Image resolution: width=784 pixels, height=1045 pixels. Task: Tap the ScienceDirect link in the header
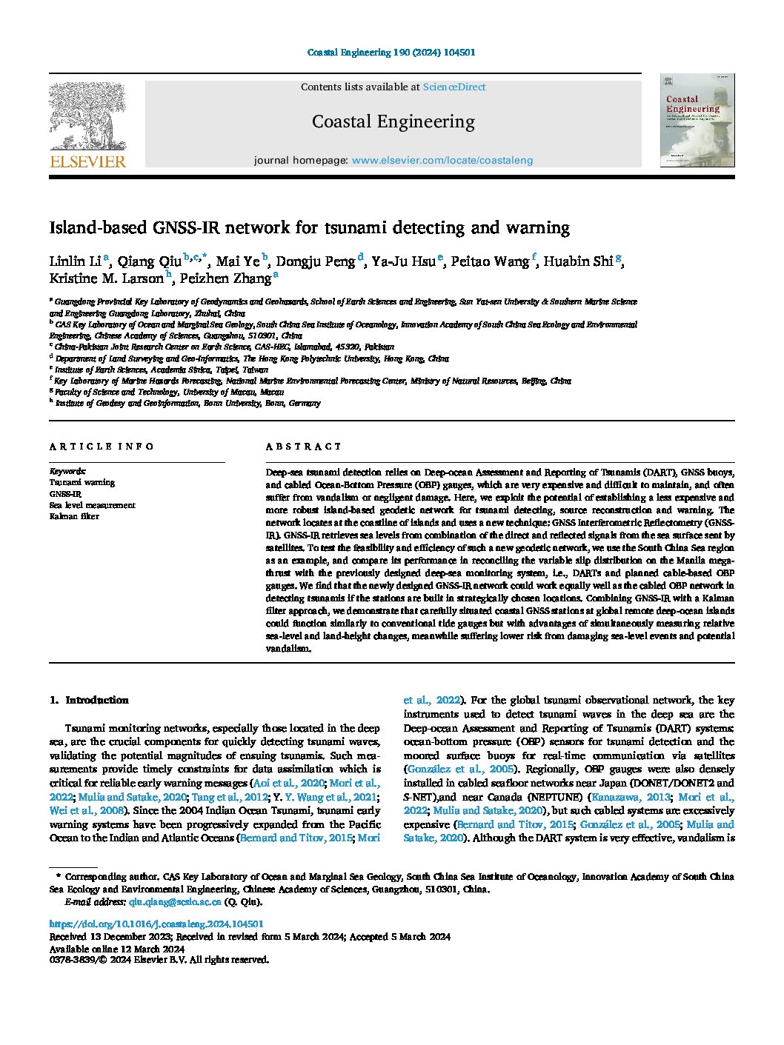(x=454, y=87)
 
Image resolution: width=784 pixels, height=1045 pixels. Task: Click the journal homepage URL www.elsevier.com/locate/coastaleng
(x=442, y=160)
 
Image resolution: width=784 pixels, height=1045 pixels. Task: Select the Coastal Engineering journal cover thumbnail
(x=697, y=120)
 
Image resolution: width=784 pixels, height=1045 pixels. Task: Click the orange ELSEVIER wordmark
(x=87, y=162)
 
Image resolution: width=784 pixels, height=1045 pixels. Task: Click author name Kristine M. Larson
(x=106, y=279)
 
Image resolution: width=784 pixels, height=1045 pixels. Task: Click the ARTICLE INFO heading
(x=102, y=447)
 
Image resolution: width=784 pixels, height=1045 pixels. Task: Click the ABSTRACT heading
(x=303, y=447)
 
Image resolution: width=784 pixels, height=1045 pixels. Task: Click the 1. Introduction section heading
(x=89, y=700)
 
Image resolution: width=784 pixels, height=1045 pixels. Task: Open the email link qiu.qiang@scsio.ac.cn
(x=175, y=902)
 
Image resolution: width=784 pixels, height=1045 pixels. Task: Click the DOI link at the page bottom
(x=156, y=924)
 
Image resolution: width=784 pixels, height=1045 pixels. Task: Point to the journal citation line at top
(x=391, y=53)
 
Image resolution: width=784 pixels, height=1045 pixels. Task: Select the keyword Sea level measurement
(x=93, y=505)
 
